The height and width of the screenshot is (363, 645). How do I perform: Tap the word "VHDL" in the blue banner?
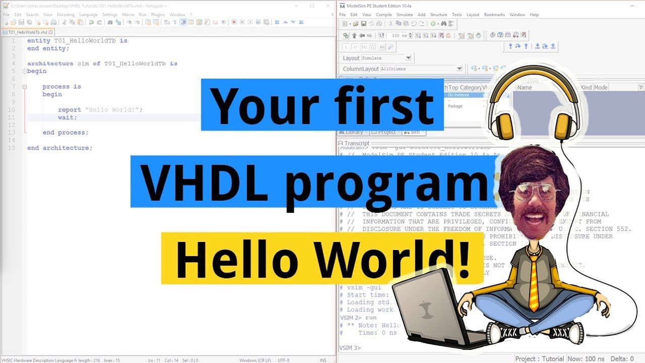coord(204,181)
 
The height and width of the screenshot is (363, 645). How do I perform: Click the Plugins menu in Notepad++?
coord(158,15)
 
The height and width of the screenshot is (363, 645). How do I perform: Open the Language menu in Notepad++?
coord(88,15)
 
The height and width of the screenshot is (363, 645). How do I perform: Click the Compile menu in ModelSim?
coord(383,15)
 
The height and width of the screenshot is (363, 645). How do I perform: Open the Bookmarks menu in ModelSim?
coord(494,15)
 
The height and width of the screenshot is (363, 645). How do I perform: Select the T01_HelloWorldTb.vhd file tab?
coord(28,32)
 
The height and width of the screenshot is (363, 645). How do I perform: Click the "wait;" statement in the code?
coord(68,117)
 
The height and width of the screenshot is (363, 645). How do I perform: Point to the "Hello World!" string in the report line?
coord(114,109)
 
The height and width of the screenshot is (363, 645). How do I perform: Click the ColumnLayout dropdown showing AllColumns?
coord(421,69)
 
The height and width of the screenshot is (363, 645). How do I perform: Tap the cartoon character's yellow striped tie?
coord(534,282)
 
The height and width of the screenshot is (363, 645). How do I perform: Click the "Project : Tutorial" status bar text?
coord(540,358)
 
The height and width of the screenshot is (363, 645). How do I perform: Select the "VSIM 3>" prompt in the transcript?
coord(350,348)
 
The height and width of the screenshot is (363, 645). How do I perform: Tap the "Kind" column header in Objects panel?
coord(586,87)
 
